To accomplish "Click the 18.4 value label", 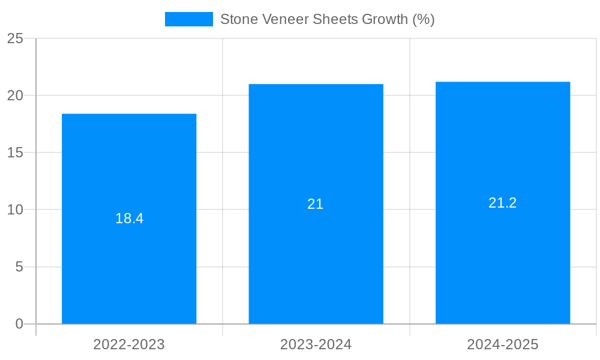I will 130,218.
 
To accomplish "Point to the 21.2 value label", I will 503,203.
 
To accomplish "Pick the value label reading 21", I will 316,204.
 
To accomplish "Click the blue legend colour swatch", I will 189,19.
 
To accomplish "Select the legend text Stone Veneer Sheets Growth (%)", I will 327,19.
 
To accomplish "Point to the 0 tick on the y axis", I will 19,324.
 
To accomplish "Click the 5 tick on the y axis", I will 19,267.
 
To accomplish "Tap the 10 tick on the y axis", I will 15,210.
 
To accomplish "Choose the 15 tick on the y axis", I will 15,153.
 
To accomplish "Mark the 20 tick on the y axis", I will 15,95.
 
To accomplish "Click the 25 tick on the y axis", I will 15,38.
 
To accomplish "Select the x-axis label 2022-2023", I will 129,344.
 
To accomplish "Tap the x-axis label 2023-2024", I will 316,344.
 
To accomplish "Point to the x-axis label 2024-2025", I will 503,344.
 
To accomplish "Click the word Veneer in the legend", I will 283,19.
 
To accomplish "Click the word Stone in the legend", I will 239,19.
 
